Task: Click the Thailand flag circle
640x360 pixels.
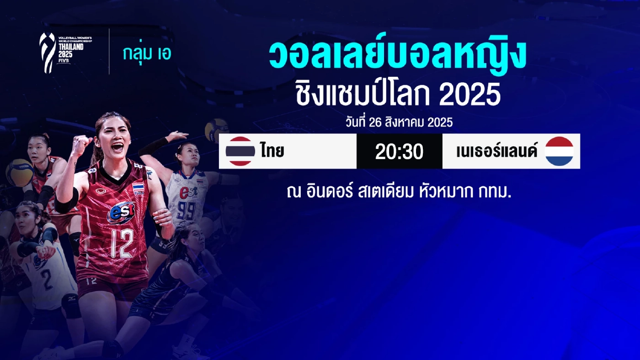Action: tap(240, 151)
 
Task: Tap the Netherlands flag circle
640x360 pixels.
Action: tap(559, 151)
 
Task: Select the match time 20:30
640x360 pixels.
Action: tap(399, 152)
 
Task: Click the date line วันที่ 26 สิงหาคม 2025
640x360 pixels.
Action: tap(399, 122)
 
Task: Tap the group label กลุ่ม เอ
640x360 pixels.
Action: tap(147, 53)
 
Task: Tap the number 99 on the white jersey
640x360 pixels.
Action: tap(187, 211)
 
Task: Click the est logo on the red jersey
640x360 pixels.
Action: tap(122, 212)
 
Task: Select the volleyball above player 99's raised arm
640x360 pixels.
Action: tap(216, 130)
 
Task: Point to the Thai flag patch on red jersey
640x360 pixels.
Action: tap(138, 188)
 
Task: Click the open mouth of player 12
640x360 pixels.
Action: tap(117, 148)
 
